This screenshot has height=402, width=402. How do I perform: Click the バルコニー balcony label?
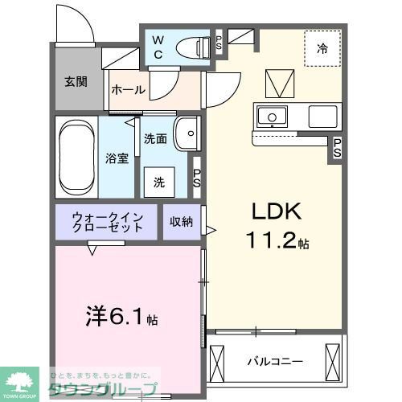274,361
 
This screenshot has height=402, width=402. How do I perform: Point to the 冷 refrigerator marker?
322,49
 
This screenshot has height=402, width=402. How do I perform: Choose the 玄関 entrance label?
76,81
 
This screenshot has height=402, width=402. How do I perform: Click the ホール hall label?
128,89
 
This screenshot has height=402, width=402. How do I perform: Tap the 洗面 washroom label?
155,139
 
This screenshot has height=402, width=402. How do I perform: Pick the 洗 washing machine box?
159,182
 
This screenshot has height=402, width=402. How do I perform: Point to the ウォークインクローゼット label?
107,222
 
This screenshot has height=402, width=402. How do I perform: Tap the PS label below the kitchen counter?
338,148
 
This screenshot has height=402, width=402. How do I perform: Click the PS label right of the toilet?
219,44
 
